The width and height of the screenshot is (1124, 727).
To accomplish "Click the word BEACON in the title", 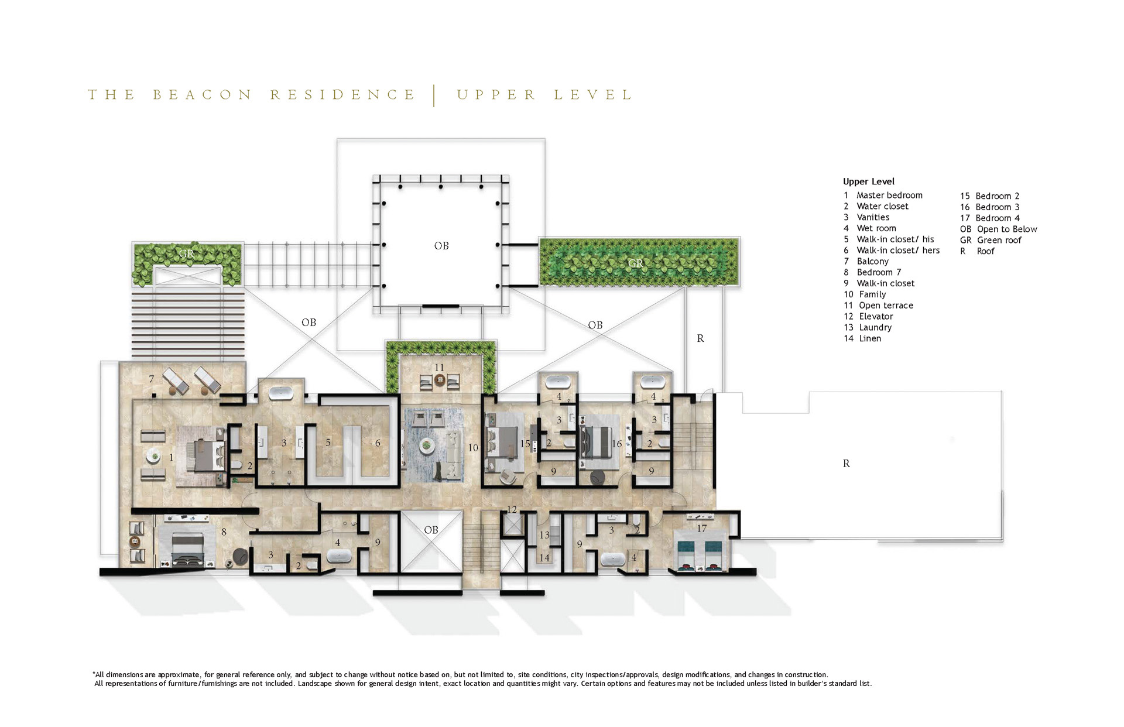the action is click(203, 95).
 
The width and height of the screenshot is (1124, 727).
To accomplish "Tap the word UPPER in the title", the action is click(496, 95).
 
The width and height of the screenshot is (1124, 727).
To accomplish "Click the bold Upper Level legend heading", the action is click(869, 181).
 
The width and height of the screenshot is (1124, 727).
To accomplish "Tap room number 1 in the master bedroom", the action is click(171, 457).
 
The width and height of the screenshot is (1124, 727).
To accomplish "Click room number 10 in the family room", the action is click(473, 448).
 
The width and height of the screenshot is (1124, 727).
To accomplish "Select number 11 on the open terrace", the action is click(439, 368).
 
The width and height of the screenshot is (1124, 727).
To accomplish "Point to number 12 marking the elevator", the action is click(512, 509).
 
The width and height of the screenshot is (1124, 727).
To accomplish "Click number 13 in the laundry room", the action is click(544, 535).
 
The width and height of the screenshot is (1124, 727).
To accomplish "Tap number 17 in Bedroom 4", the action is click(701, 529).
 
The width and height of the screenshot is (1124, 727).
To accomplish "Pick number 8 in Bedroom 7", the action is click(224, 532).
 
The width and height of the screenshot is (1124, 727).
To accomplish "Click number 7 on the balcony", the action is click(151, 379).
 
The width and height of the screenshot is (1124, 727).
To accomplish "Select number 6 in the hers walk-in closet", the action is click(378, 443).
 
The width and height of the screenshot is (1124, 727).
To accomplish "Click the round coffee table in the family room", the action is click(426, 446).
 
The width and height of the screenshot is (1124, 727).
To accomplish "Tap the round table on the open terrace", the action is click(440, 380).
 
